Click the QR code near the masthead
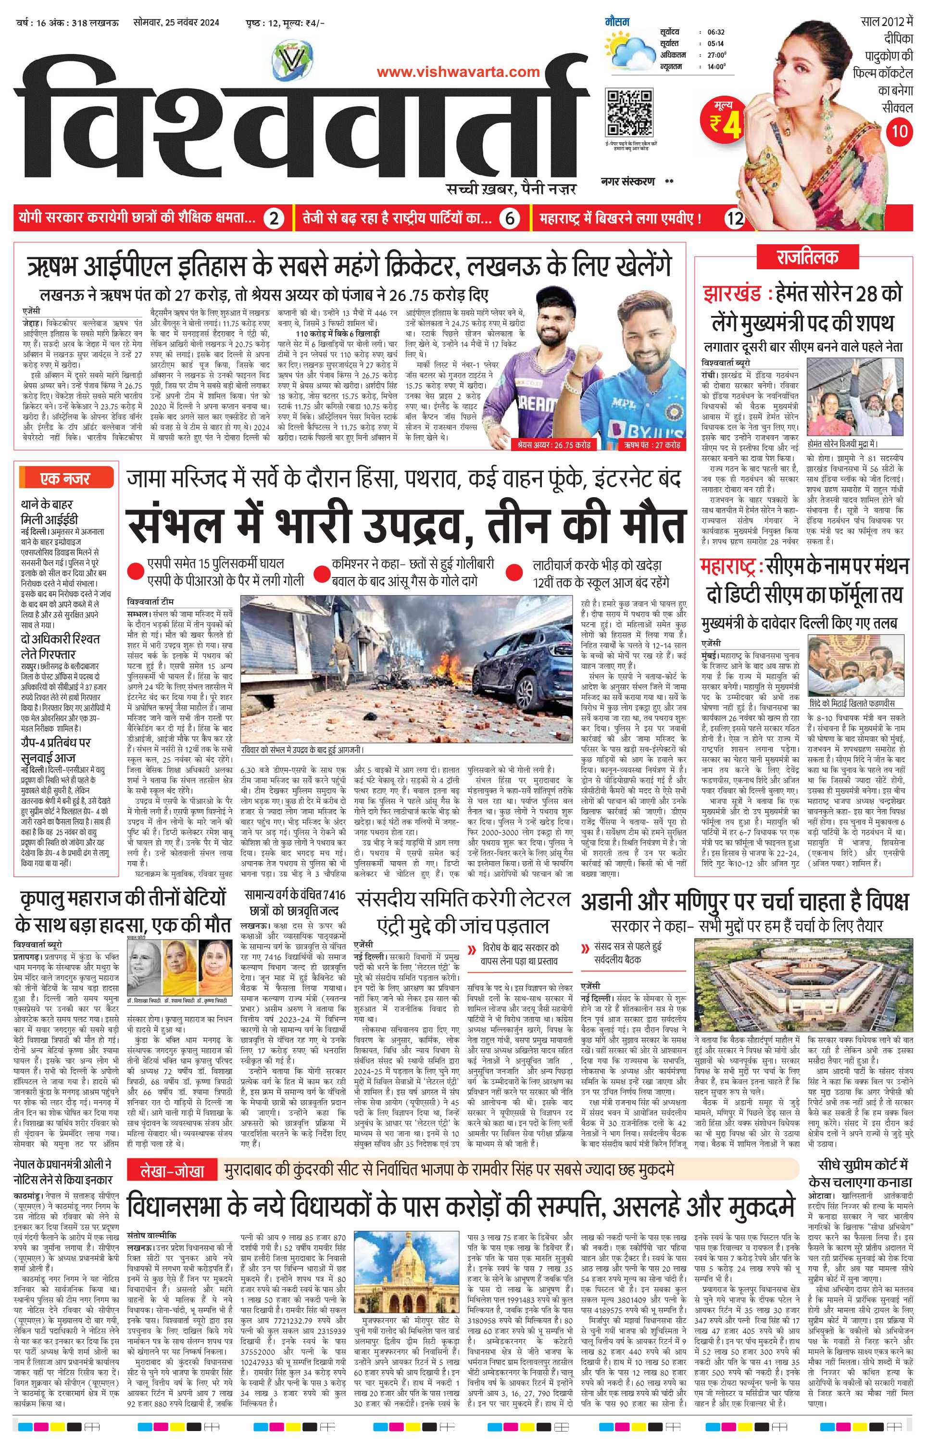pos(629,113)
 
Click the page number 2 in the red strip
pos(274,218)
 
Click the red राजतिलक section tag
pos(798,258)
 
